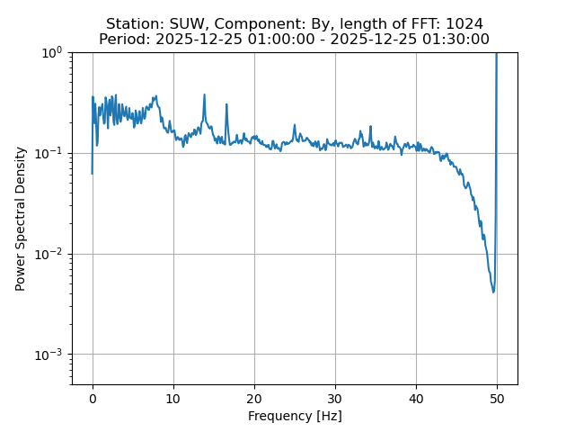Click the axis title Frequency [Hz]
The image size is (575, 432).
[295, 416]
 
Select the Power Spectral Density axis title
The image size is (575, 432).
[21, 219]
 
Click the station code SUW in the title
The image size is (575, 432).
[186, 23]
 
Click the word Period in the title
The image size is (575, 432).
[122, 40]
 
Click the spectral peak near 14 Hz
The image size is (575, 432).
[204, 94]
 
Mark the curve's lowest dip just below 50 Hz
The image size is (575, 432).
[493, 292]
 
